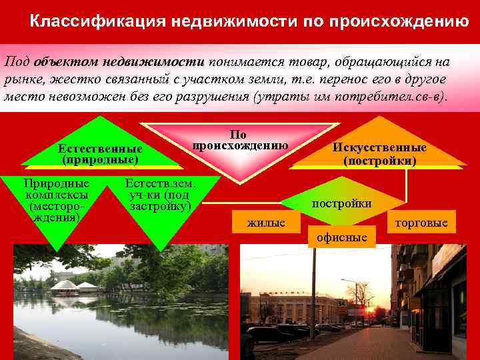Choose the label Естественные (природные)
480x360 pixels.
click(100, 154)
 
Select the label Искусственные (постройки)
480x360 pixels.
click(379, 154)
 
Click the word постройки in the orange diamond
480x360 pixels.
click(342, 203)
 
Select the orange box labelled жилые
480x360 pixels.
click(266, 223)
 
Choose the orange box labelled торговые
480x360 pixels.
click(422, 222)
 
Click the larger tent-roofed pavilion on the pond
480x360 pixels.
click(64, 285)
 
